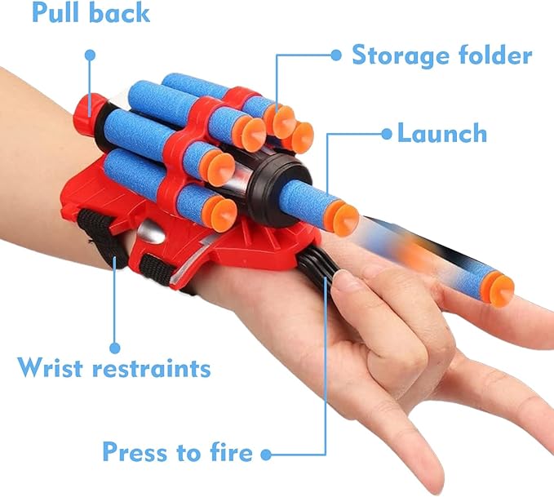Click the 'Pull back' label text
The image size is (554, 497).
tap(91, 14)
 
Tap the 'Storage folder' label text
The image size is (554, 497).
tap(441, 55)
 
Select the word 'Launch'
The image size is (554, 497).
tap(441, 133)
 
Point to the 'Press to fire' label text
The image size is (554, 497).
tap(176, 451)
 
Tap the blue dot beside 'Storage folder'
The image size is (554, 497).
tap(335, 55)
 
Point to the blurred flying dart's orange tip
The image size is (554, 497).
tap(499, 289)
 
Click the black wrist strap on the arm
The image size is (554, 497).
tap(98, 233)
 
